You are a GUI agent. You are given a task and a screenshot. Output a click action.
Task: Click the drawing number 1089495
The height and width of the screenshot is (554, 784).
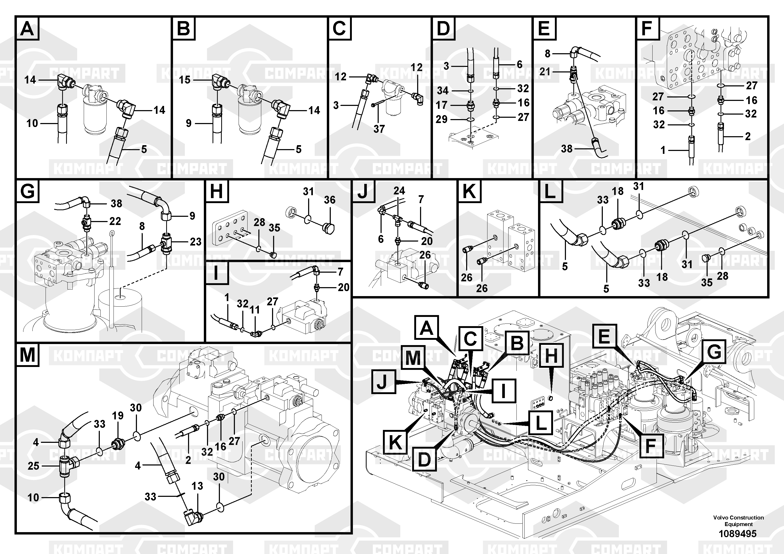738,533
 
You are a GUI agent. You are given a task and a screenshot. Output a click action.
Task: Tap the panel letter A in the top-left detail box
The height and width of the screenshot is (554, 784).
27,28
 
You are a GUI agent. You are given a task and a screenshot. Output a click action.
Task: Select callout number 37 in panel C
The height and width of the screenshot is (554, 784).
379,129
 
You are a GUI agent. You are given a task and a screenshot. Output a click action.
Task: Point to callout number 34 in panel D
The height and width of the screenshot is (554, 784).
443,91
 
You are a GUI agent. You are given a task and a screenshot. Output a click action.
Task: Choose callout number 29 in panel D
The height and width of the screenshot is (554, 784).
442,119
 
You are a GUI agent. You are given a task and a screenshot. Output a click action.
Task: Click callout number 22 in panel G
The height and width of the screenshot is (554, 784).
115,221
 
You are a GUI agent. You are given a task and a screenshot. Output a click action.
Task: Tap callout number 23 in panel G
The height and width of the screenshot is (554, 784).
196,242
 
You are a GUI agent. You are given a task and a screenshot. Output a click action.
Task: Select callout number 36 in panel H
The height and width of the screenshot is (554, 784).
329,200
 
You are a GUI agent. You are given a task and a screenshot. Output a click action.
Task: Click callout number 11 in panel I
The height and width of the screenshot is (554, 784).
255,310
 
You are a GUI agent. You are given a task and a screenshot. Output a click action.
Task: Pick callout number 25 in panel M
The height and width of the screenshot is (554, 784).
33,466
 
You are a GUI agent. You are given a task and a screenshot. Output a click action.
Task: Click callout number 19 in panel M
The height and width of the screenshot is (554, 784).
118,416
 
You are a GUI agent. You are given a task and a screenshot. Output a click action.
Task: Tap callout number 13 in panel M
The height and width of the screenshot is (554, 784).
197,486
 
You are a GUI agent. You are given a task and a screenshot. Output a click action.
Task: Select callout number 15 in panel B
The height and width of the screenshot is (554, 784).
185,80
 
